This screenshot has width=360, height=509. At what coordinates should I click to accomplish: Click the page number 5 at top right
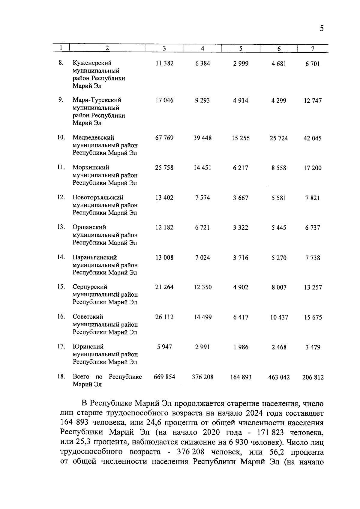[x=322, y=29]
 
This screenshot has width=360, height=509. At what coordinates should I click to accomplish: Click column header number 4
[x=202, y=49]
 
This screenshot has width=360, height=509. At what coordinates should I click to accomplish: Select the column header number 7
[x=313, y=49]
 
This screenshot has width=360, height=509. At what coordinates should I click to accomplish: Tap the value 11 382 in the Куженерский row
[x=164, y=64]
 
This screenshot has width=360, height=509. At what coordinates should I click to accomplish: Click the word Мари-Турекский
[x=97, y=100]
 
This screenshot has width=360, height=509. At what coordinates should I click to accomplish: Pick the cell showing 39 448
[x=202, y=138]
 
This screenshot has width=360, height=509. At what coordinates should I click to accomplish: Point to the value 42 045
[x=313, y=138]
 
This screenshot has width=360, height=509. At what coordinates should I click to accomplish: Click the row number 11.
[x=61, y=167]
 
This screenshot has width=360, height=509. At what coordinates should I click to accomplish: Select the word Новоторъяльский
[x=98, y=198]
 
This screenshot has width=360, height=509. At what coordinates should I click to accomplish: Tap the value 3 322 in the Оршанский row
[x=241, y=228]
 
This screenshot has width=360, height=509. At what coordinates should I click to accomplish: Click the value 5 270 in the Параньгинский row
[x=279, y=258]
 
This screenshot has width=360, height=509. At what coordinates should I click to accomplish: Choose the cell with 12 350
[x=202, y=287]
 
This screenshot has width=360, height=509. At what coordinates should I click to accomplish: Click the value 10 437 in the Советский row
[x=279, y=317]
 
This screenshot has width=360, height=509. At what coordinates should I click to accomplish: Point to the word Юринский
[x=88, y=347]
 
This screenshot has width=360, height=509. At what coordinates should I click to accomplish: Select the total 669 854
[x=164, y=377]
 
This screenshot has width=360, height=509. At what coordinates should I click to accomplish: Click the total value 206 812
[x=313, y=378]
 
